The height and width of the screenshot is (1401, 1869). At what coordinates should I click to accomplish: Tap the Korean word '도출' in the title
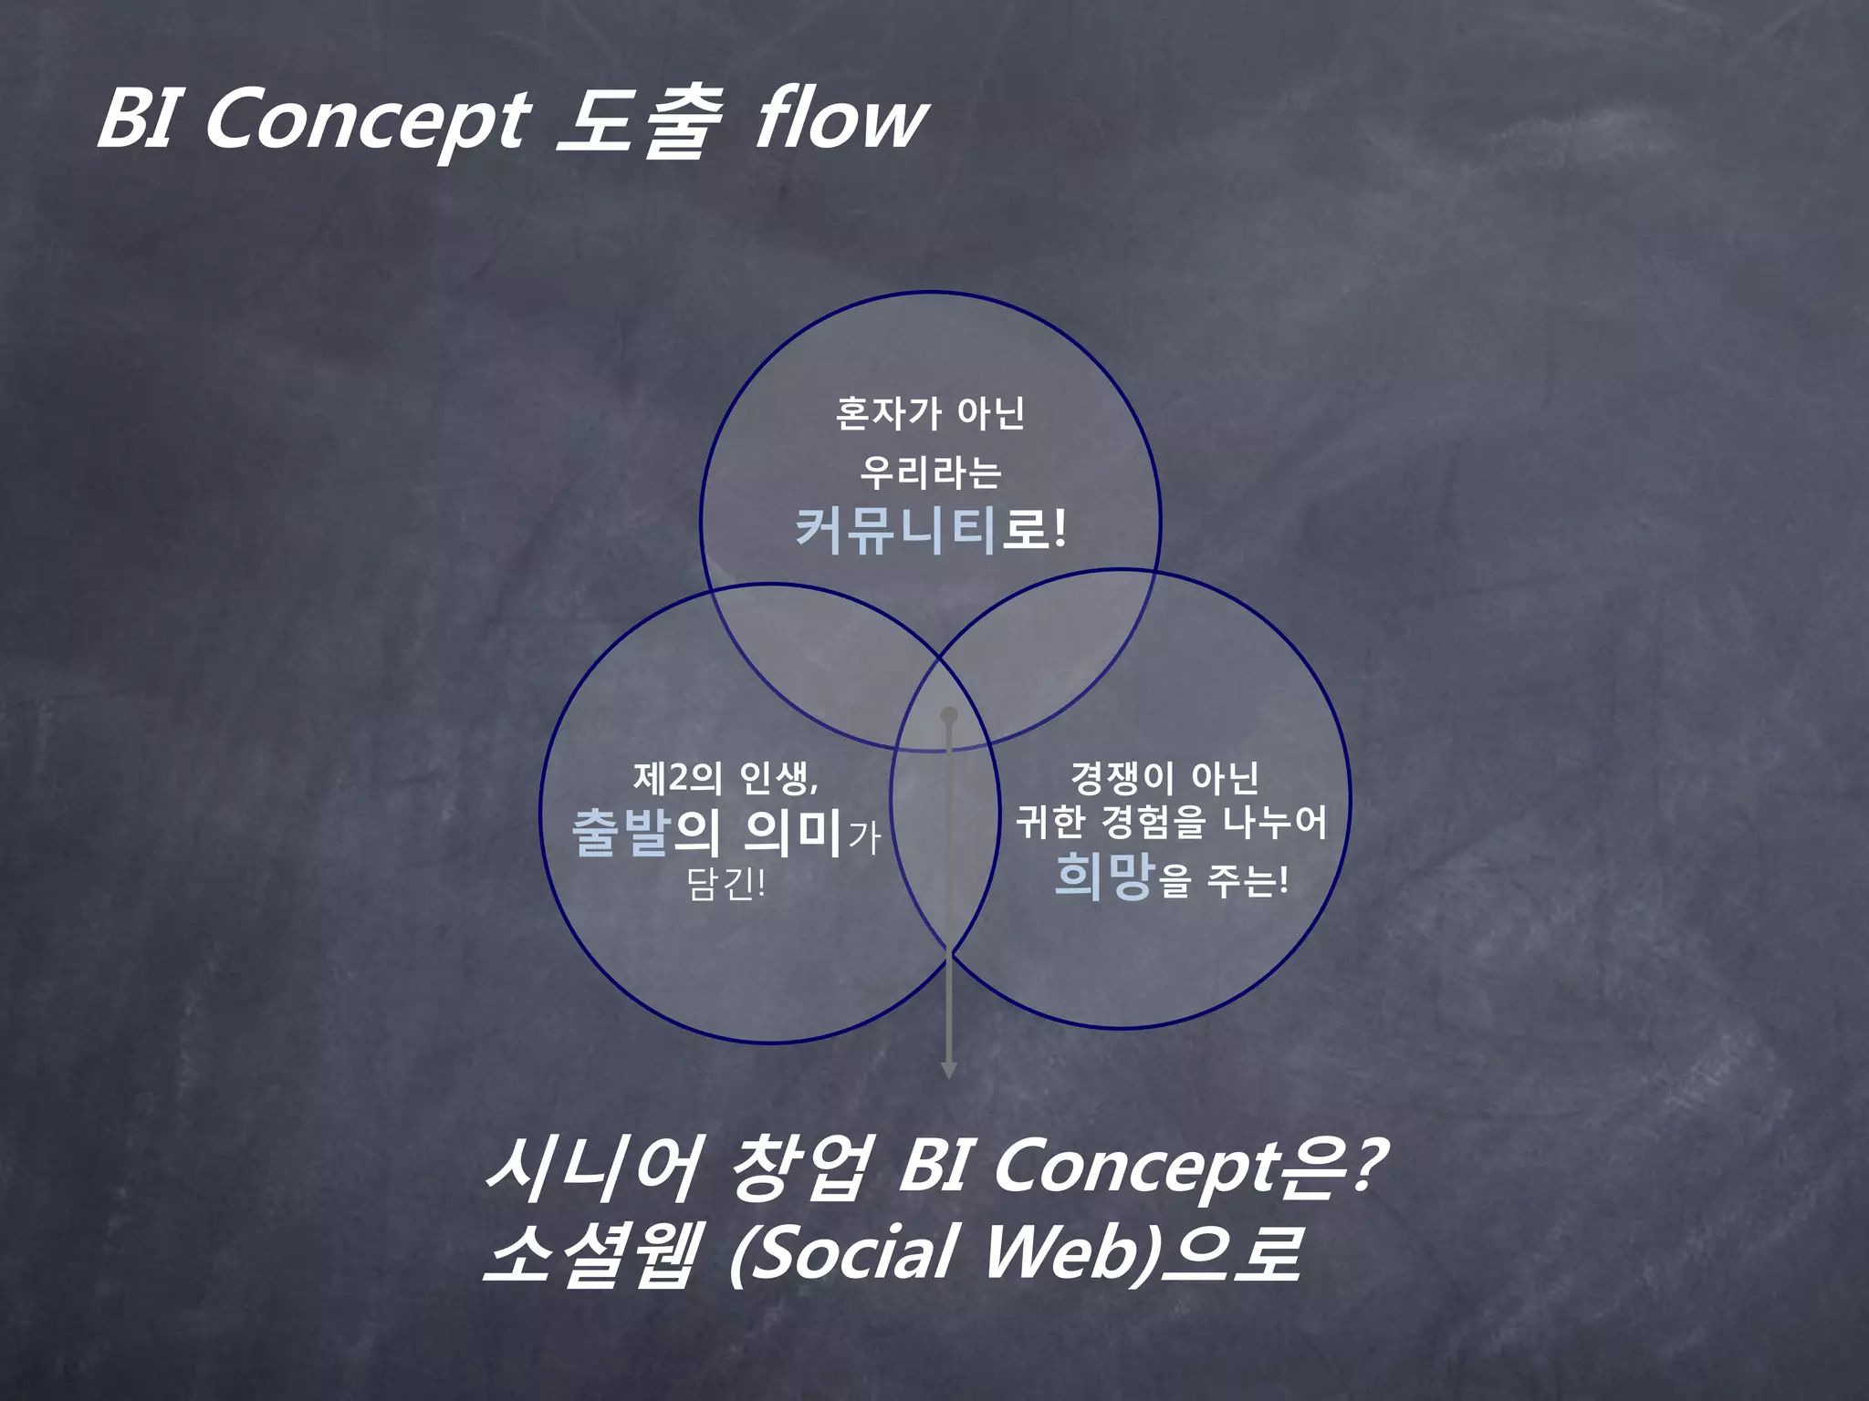click(x=639, y=121)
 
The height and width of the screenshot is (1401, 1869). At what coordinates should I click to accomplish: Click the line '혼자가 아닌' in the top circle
click(x=930, y=414)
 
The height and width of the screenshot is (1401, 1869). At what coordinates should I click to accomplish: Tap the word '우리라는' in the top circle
click(x=930, y=472)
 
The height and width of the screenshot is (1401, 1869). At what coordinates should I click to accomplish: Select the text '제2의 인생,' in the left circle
click(x=726, y=778)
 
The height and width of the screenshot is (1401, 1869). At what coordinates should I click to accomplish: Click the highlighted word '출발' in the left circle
click(x=621, y=832)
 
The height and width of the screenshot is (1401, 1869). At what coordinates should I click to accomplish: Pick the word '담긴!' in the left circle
click(x=726, y=884)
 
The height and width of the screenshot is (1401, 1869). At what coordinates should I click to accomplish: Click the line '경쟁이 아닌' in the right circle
click(x=1164, y=778)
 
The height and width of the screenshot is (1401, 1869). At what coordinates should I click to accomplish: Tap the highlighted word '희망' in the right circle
click(x=1105, y=877)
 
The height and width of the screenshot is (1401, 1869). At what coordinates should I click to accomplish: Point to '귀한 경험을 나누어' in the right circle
click(x=1172, y=823)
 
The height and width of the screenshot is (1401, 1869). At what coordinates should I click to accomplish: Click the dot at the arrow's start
click(x=949, y=715)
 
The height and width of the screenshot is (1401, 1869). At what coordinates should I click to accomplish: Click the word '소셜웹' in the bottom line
click(x=593, y=1254)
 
